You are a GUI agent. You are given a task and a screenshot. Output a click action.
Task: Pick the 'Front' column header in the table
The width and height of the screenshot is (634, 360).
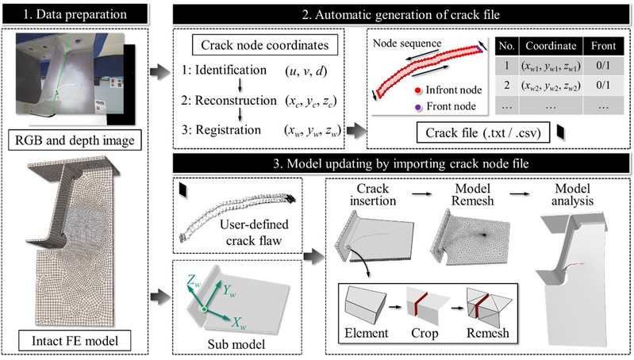605,44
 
